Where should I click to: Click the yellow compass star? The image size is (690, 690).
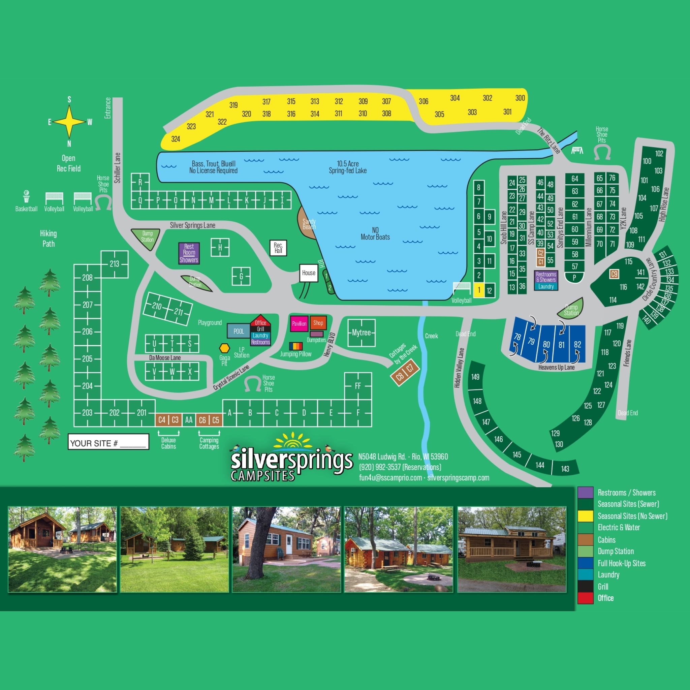click(69, 121)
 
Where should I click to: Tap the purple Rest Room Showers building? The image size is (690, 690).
click(189, 253)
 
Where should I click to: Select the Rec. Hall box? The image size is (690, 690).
click(278, 248)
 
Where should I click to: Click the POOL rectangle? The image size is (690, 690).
click(239, 331)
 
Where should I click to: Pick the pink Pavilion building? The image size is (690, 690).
click(299, 323)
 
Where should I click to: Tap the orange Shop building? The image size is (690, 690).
click(318, 323)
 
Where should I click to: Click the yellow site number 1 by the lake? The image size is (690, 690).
click(479, 290)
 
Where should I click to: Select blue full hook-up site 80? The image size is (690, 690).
click(546, 344)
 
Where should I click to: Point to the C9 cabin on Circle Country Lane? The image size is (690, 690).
click(614, 274)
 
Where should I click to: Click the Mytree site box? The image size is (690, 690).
click(362, 333)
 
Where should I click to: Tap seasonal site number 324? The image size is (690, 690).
click(175, 139)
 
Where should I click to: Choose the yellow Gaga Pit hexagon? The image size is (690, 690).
click(225, 348)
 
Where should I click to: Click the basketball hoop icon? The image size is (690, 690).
click(26, 196)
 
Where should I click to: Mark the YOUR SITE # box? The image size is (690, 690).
click(108, 441)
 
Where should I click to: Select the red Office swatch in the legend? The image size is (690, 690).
click(585, 598)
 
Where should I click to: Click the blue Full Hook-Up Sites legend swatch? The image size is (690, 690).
click(585, 563)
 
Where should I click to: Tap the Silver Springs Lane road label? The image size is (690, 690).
click(192, 225)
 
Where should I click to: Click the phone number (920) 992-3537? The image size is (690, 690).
click(400, 467)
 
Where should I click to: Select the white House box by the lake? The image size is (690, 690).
click(309, 273)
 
